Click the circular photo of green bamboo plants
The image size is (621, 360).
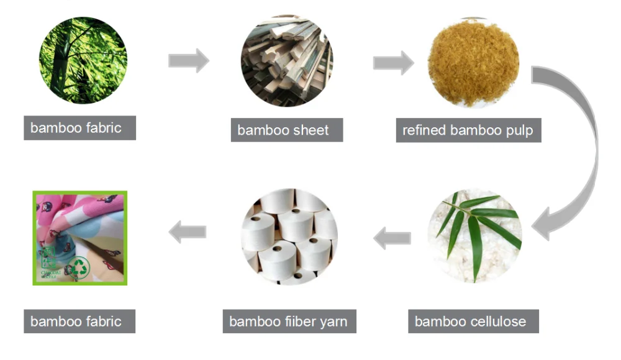coord(83,60)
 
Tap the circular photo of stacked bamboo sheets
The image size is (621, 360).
coord(287,61)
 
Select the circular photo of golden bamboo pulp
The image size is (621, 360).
coord(475,62)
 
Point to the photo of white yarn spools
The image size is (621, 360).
coord(289,236)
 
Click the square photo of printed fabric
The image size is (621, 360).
coord(80,238)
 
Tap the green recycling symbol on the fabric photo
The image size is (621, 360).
coord(80,267)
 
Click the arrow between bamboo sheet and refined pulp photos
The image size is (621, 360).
coord(393,62)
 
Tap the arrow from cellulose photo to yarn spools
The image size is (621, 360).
coord(392,236)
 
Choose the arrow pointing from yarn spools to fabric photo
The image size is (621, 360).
coord(188,233)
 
